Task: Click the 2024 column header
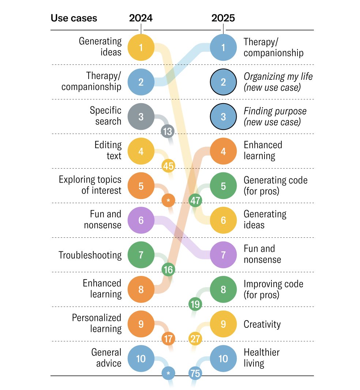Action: pyautogui.click(x=141, y=18)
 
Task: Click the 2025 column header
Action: pyautogui.click(x=223, y=18)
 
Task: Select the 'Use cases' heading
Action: pyautogui.click(x=74, y=18)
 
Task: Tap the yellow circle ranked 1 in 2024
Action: pyautogui.click(x=141, y=47)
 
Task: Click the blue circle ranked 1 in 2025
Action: pyautogui.click(x=223, y=47)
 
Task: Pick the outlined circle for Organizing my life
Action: pyautogui.click(x=223, y=82)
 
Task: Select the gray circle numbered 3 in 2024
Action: pyautogui.click(x=141, y=117)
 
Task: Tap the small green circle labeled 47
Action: pyautogui.click(x=195, y=200)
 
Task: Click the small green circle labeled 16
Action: pyautogui.click(x=168, y=270)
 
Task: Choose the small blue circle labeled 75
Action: pyautogui.click(x=195, y=374)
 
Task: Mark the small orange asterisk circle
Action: pyautogui.click(x=168, y=200)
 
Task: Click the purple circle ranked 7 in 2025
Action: pyautogui.click(x=223, y=255)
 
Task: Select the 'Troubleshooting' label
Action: pyautogui.click(x=90, y=255)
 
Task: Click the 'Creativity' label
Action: pyautogui.click(x=262, y=324)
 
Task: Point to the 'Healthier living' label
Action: pyautogui.click(x=261, y=358)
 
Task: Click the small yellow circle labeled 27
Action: pyautogui.click(x=195, y=339)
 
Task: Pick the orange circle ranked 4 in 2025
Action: pyautogui.click(x=223, y=151)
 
